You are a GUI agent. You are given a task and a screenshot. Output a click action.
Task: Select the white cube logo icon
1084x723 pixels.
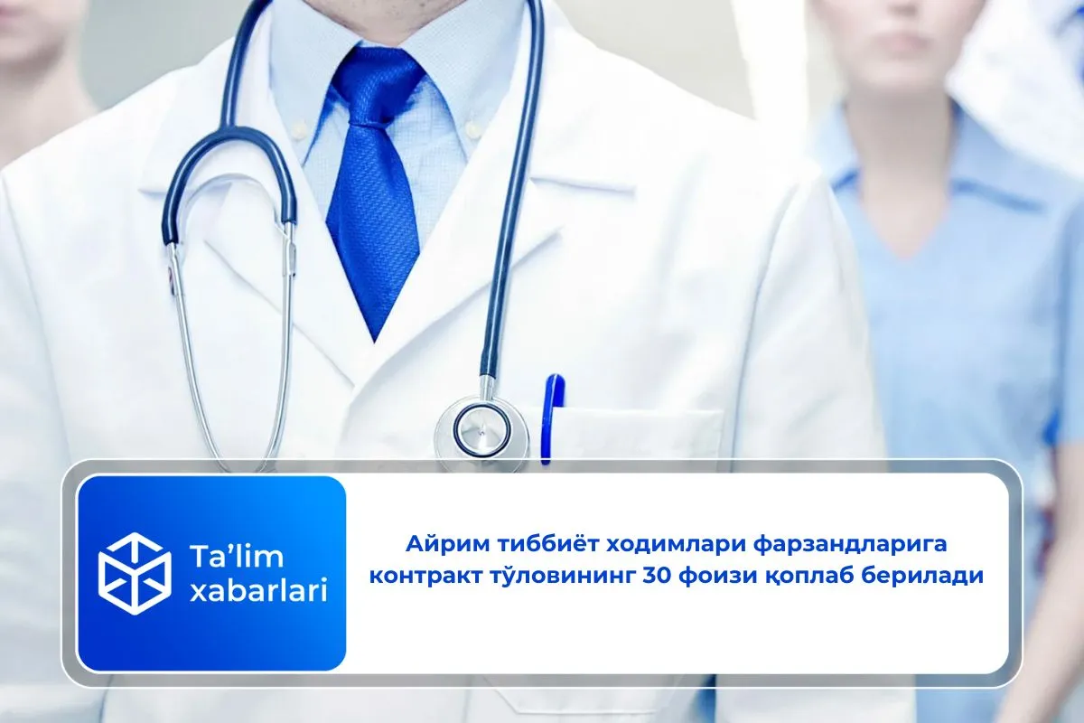(134, 573)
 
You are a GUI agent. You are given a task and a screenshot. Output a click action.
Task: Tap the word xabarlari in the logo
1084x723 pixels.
(258, 591)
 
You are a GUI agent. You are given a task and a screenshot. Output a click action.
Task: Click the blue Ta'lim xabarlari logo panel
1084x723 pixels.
(212, 573)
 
